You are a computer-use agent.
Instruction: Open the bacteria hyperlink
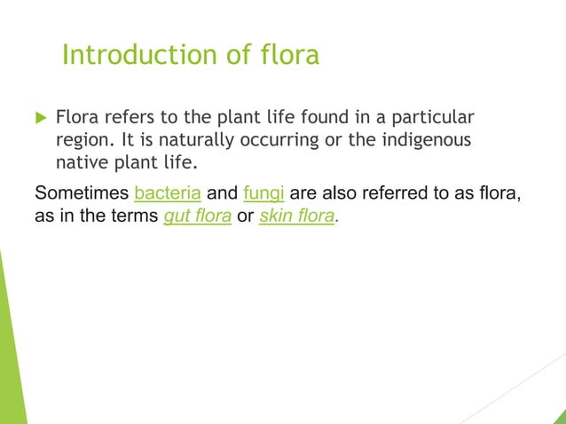168,192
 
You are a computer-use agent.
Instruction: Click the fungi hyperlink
262,192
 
